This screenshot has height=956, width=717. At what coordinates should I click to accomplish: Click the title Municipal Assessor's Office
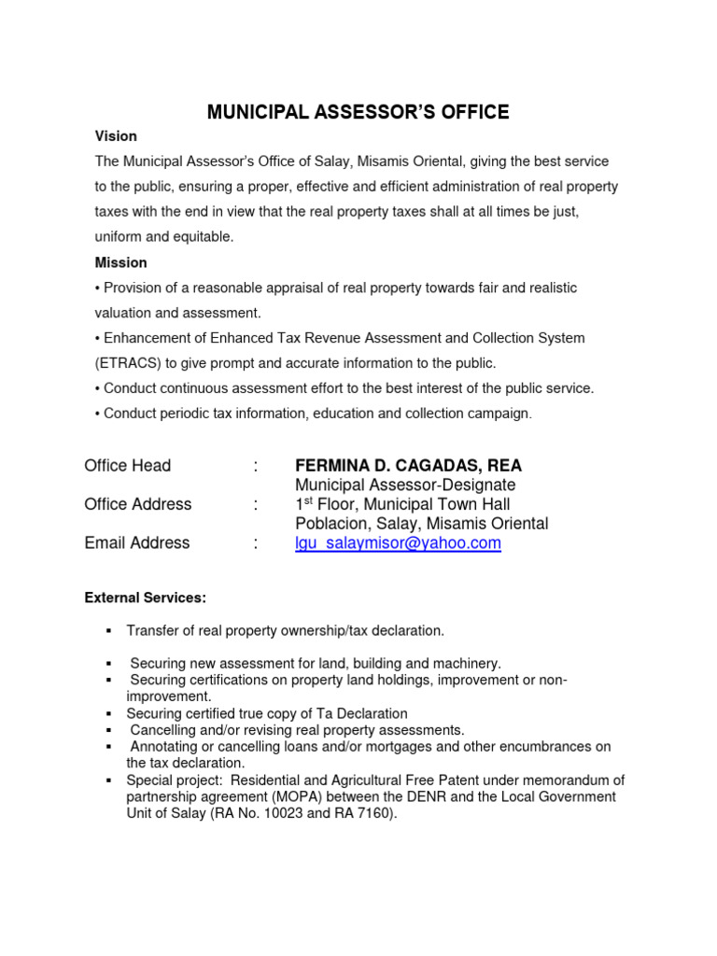coord(358,113)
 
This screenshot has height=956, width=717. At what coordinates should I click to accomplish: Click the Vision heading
coord(116,136)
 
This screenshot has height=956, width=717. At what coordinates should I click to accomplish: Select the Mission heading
coord(120,262)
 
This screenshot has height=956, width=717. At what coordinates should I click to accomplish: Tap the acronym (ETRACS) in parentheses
coord(128,363)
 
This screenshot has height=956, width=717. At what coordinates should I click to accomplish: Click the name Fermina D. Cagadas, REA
coord(408,465)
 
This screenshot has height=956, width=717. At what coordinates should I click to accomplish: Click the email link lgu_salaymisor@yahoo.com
coord(398,543)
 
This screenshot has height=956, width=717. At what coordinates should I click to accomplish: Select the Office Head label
coord(127,465)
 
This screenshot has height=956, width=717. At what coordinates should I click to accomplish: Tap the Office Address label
coord(137,504)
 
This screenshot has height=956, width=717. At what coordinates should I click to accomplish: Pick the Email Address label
coord(136,543)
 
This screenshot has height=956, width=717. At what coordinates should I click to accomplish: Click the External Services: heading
coord(146,597)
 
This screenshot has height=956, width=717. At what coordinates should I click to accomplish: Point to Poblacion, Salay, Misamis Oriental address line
coord(421,524)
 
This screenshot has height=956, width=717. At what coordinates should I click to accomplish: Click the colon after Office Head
coord(255,465)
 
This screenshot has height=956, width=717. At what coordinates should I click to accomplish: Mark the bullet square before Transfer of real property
coord(109,631)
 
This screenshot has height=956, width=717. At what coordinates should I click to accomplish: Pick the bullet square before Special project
coord(109,780)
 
